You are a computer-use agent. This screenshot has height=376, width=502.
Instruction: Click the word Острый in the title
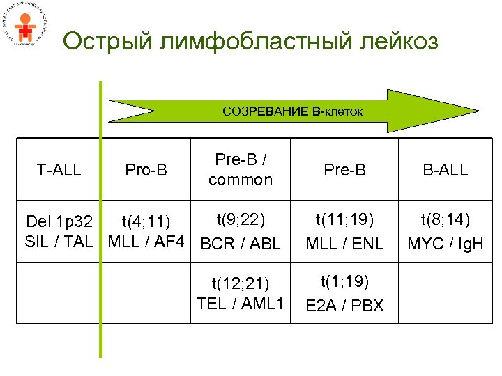105,42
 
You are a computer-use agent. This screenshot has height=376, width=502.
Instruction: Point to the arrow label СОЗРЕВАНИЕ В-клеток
292,111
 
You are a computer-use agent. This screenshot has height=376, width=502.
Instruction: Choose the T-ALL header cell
59,170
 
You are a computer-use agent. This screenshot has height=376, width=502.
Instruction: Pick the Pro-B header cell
146,170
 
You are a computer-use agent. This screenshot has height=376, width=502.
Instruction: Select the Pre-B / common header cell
240,170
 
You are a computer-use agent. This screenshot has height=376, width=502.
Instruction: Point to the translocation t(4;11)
146,223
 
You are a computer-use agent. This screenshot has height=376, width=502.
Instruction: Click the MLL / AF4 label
146,242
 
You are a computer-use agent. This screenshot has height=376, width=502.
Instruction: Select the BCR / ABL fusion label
240,244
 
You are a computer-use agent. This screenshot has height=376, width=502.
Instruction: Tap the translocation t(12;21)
240,282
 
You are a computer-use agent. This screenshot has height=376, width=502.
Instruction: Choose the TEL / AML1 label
240,303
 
